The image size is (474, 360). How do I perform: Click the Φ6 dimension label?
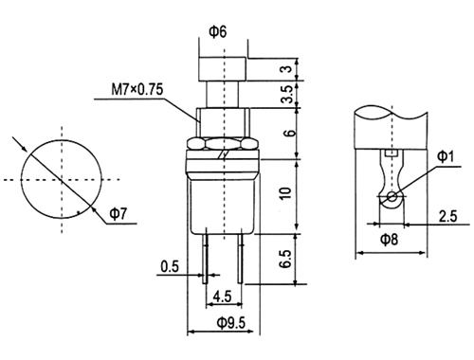coord(218,32)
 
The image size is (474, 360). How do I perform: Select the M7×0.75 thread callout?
coord(137,89)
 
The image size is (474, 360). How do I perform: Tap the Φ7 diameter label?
coord(118,214)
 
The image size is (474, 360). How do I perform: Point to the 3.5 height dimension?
coord(287,94)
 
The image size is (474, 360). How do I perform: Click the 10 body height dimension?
coord(285,193)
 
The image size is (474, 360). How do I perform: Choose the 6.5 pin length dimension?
coord(285,259)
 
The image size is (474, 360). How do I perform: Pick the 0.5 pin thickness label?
coord(170,266)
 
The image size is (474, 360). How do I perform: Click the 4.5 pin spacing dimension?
coord(223,297)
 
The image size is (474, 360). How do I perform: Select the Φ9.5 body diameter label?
coord(230,323)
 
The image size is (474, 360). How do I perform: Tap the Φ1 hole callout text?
coord(446,156)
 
